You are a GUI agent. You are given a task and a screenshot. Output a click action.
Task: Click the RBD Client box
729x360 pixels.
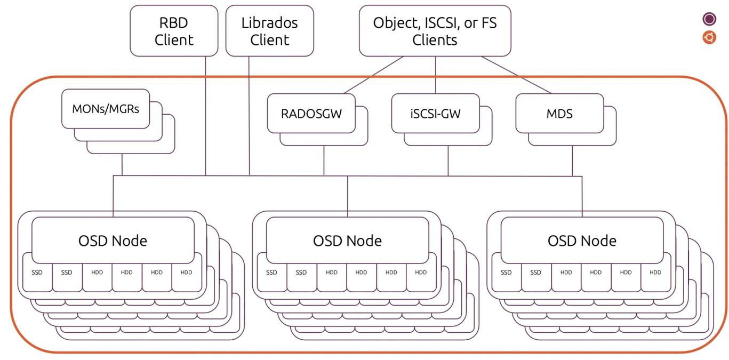point(174,30)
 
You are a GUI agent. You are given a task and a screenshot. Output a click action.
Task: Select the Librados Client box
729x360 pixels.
point(269,30)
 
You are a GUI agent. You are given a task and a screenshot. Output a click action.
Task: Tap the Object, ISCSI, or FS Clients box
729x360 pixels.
point(435,30)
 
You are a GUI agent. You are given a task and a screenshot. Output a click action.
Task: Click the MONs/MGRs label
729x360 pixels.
point(106,109)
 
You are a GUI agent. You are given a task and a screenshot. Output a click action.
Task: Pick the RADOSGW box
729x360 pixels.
point(311,113)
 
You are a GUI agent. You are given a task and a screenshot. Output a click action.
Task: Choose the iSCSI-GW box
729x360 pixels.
point(436,113)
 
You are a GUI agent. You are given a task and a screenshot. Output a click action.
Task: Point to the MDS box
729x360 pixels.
point(560,113)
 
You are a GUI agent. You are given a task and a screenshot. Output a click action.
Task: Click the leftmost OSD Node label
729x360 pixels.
point(113,241)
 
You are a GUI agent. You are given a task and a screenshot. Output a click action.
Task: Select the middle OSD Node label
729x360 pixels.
point(347,241)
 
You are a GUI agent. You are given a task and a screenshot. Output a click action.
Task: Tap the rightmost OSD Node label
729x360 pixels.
point(582,241)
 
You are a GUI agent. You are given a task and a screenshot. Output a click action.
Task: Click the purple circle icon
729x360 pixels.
point(709,19)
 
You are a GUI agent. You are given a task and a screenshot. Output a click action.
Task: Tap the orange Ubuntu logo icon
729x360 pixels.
point(709,37)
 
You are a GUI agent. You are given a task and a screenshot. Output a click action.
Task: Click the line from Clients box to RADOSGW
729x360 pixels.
point(374,75)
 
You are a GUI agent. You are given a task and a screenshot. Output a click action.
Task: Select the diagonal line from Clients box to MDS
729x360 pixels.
point(516,75)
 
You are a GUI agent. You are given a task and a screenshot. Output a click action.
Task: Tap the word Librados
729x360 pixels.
point(269,23)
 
